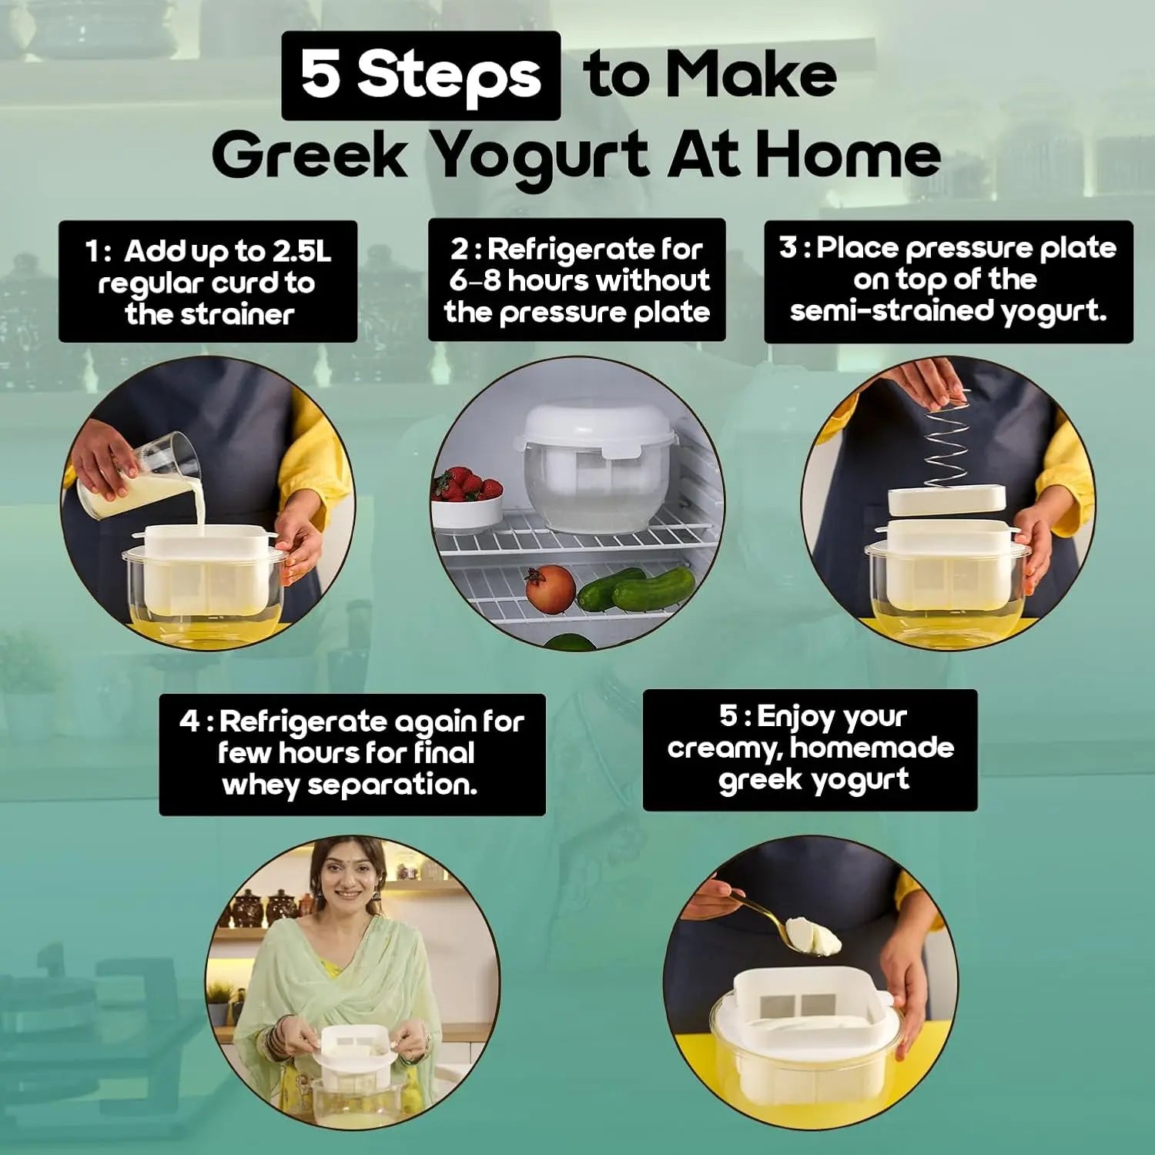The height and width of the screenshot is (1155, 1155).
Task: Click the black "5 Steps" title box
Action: click(420, 75)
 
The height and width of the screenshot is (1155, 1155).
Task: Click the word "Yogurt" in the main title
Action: click(539, 156)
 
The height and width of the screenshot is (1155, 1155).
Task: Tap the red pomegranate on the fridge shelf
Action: click(550, 589)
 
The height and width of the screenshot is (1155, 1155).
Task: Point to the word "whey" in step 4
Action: click(260, 785)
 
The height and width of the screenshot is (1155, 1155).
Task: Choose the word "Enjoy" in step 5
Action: click(793, 717)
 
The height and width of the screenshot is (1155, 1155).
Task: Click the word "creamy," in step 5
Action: click(724, 748)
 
